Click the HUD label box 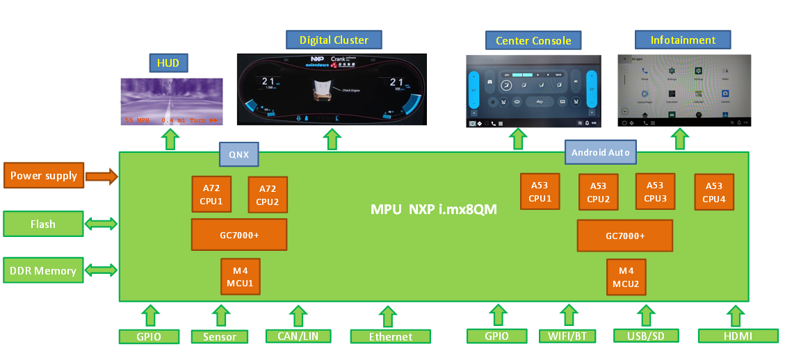(168, 63)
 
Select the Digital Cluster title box (334, 40)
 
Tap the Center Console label (533, 40)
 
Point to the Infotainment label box (683, 40)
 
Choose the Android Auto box (600, 152)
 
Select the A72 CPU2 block (268, 195)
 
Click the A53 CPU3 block (655, 192)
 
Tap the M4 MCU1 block (240, 277)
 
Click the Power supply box (43, 176)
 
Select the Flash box (43, 224)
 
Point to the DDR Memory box (43, 270)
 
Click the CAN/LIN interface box (298, 336)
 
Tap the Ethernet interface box (390, 336)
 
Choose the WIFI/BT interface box (567, 336)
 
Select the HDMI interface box (738, 336)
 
